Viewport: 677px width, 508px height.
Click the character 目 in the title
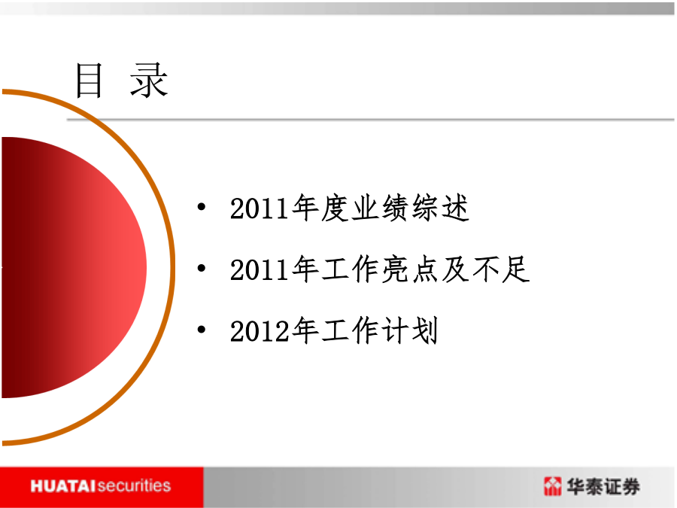[x=89, y=81]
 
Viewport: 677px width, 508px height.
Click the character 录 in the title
[x=149, y=81]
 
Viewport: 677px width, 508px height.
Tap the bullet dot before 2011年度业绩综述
[x=201, y=207]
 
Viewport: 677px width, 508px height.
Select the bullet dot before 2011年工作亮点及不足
[x=201, y=268]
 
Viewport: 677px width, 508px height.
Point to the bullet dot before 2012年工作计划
[x=201, y=330]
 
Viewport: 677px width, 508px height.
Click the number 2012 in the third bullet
[x=260, y=331]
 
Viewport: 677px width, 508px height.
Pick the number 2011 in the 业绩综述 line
[x=260, y=208]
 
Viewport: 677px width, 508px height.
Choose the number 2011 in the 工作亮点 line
[x=260, y=270]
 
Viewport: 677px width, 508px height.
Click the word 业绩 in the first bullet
[x=380, y=208]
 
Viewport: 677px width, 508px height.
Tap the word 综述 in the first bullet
[x=440, y=208]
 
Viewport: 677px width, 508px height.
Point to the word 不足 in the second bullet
[x=501, y=269]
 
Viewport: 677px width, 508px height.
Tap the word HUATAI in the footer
[x=63, y=486]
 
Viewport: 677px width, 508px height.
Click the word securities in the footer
[x=134, y=486]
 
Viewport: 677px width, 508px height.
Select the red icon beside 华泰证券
[x=553, y=486]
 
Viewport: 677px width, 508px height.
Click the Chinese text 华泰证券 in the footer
[x=603, y=486]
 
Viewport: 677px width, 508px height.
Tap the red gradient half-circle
[x=74, y=267]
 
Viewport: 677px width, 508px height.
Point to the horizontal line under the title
[x=370, y=119]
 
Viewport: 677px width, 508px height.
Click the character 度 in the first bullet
[x=335, y=208]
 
